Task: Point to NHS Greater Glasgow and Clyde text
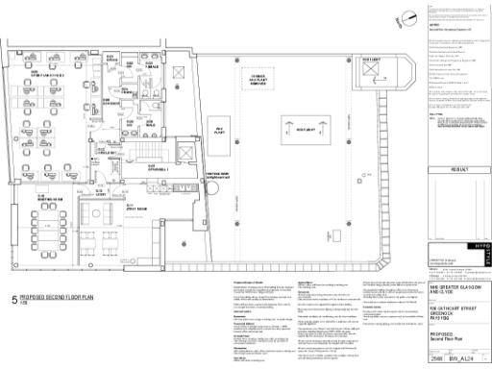click(452, 289)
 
